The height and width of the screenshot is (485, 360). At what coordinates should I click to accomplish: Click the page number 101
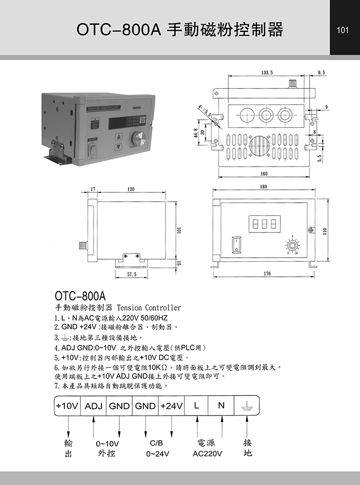point(343,30)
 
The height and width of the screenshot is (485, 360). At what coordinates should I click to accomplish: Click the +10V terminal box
point(67,406)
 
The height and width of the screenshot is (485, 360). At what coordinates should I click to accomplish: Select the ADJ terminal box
point(94,406)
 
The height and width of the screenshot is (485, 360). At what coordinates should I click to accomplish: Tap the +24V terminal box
point(171,406)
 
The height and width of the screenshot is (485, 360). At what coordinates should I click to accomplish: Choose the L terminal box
point(196,406)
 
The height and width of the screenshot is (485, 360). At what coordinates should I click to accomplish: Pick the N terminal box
point(222,406)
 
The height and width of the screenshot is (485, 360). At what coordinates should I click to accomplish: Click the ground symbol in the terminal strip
point(247,406)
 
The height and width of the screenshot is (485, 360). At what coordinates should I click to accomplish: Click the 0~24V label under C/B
point(157,454)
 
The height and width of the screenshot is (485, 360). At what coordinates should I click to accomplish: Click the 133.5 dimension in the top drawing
point(267,73)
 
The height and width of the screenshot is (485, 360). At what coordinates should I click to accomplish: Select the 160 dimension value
point(264,174)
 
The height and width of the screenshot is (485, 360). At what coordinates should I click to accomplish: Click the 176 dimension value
point(267,274)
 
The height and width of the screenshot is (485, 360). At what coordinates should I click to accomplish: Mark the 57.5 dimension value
point(132,275)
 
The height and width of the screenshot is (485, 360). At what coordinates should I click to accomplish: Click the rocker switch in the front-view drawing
point(236,244)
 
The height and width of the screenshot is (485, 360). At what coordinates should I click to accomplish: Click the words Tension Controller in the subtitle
point(149,308)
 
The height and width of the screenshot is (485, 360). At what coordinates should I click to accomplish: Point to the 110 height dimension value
point(325,231)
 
